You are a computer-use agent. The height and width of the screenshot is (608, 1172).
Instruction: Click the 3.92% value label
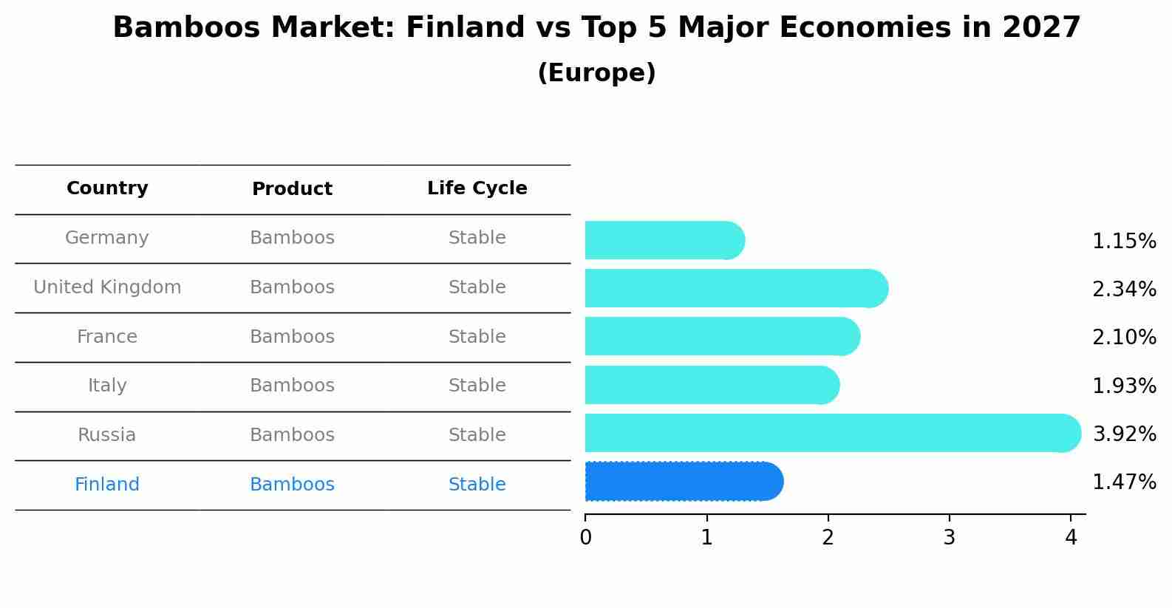(1124, 434)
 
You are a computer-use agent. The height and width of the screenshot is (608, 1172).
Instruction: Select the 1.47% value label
(1124, 482)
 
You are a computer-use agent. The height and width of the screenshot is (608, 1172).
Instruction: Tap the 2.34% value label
(1124, 289)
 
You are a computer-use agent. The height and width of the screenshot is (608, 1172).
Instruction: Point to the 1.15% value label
(1124, 241)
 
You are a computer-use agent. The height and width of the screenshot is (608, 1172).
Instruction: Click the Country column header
(107, 188)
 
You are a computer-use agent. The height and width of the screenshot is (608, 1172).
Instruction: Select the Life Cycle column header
(477, 188)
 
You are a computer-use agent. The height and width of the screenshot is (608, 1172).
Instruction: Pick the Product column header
(292, 189)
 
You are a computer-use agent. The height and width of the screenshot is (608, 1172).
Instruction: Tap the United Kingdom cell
(107, 287)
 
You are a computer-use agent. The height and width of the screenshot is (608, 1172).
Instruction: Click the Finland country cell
(107, 485)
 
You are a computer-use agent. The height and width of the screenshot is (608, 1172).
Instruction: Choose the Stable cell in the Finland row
(477, 485)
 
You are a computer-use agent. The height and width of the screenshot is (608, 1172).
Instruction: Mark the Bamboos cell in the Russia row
(292, 435)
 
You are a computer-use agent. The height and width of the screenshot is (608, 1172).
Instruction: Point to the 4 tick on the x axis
(1071, 538)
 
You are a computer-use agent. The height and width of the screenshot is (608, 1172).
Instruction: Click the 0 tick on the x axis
(585, 538)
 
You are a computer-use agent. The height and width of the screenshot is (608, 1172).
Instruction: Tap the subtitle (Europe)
(596, 73)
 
